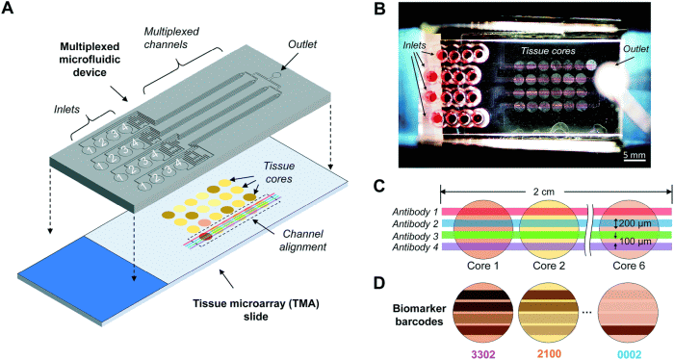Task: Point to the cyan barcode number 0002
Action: [x=630, y=350]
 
